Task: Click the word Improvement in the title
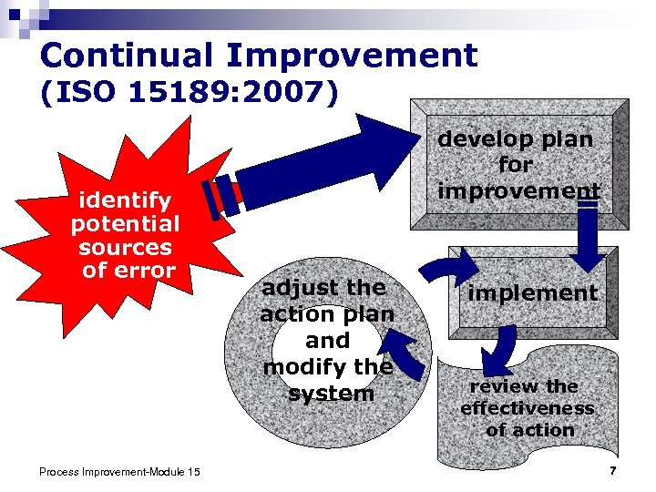tap(352, 56)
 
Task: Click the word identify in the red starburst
tap(126, 200)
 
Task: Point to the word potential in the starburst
tap(126, 223)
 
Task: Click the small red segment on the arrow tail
tap(236, 192)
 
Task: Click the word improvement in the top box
tap(518, 191)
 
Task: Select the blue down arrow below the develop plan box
tap(588, 235)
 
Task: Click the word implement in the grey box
tap(532, 292)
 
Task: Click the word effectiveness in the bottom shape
tap(527, 408)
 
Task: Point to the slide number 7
tap(613, 470)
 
